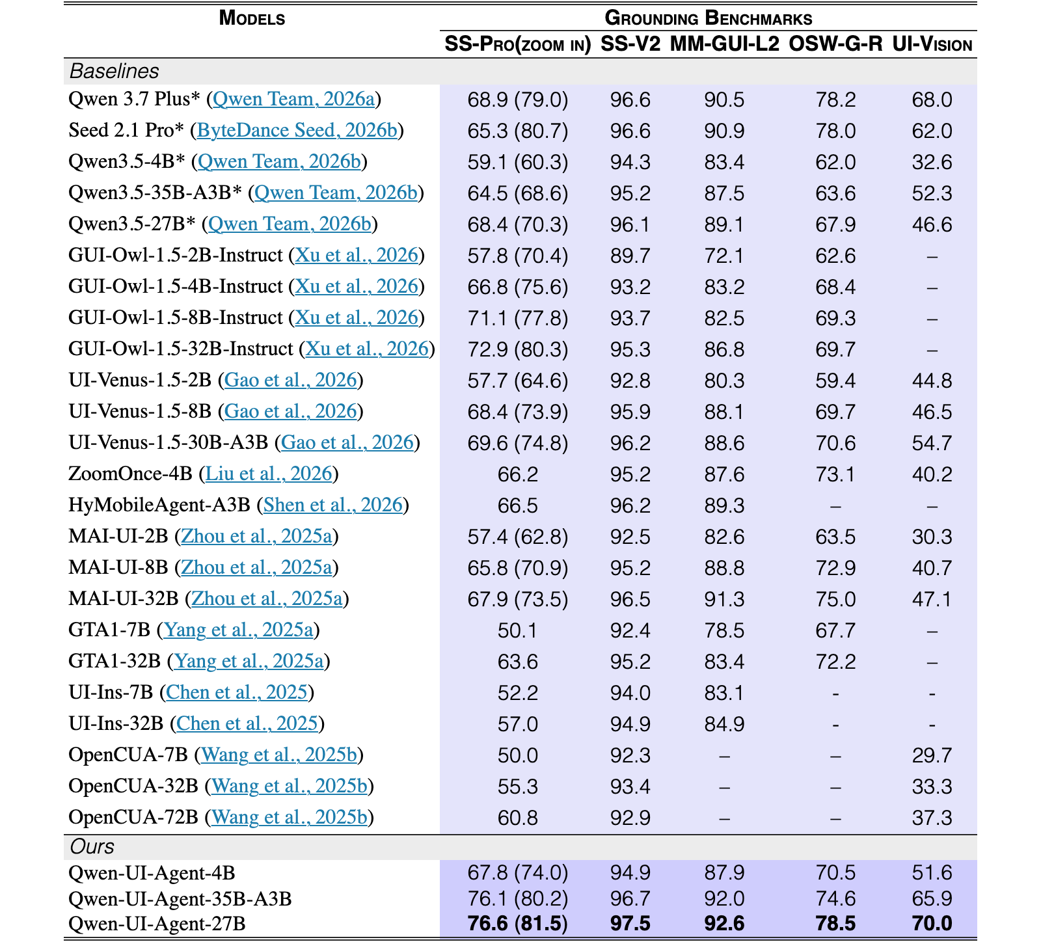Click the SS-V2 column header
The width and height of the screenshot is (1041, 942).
click(x=630, y=44)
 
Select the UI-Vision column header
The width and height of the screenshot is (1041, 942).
click(x=932, y=44)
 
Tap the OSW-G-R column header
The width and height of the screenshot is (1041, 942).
click(x=835, y=44)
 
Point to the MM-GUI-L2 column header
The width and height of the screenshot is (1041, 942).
click(x=724, y=44)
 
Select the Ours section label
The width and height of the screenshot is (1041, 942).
click(x=92, y=846)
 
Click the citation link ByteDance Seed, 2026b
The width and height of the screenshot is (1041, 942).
click(x=297, y=130)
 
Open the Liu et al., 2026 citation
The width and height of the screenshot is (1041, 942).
click(x=269, y=474)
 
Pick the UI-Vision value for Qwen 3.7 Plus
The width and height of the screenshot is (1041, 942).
click(x=932, y=100)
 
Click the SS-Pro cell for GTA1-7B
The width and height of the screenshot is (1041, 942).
click(x=517, y=630)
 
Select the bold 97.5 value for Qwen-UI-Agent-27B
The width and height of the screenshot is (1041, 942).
click(x=630, y=924)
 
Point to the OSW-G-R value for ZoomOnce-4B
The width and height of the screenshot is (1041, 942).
click(x=835, y=474)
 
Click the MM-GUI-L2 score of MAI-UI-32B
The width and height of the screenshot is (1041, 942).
click(x=724, y=599)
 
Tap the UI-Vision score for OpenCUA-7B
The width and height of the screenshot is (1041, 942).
click(x=932, y=755)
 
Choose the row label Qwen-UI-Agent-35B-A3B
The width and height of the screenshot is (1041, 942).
click(x=180, y=899)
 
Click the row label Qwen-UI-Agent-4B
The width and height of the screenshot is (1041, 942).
click(x=152, y=873)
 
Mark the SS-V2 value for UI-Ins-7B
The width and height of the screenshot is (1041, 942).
click(x=630, y=693)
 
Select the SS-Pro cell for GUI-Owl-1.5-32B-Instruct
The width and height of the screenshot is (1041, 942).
click(x=517, y=349)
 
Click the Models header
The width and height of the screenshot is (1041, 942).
click(x=252, y=18)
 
